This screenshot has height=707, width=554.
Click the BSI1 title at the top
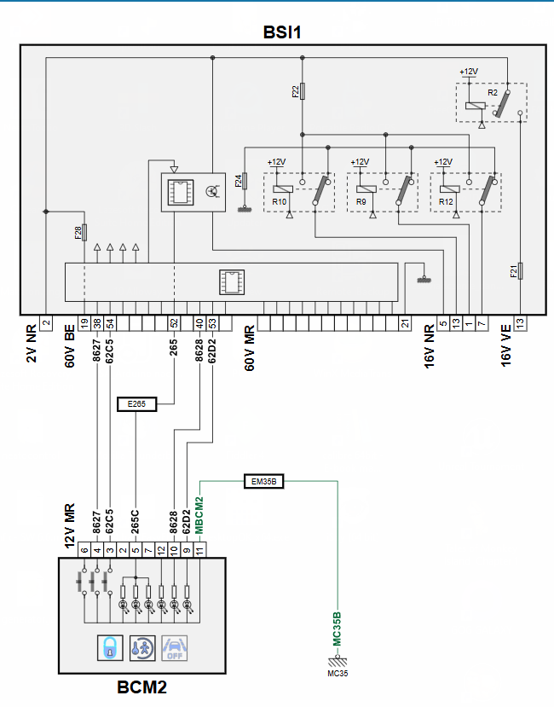282,32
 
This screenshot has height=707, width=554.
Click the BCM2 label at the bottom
142,687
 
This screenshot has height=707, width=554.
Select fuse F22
303,91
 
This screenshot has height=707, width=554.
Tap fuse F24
245,182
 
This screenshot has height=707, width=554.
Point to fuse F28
84,233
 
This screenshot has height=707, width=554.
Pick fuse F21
520,271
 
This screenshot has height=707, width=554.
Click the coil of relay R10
283,189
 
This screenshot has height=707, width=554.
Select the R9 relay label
361,201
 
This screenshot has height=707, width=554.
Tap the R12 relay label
446,201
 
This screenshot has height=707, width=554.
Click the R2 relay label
493,92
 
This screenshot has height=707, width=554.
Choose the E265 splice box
136,404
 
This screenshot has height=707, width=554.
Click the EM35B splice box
263,482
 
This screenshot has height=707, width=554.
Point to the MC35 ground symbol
338,662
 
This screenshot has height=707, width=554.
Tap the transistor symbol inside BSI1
211,191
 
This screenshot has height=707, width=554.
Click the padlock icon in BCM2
110,648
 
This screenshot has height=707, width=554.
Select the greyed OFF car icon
175,648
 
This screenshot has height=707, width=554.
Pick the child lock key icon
142,648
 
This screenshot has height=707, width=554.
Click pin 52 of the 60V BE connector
174,323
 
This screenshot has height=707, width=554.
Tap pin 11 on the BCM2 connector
199,549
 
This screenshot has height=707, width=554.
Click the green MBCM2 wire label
199,515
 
